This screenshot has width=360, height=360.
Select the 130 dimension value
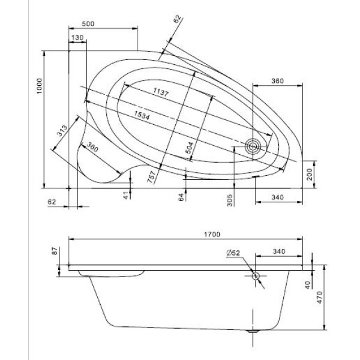(77, 37)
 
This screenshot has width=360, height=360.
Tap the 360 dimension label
(277, 80)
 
